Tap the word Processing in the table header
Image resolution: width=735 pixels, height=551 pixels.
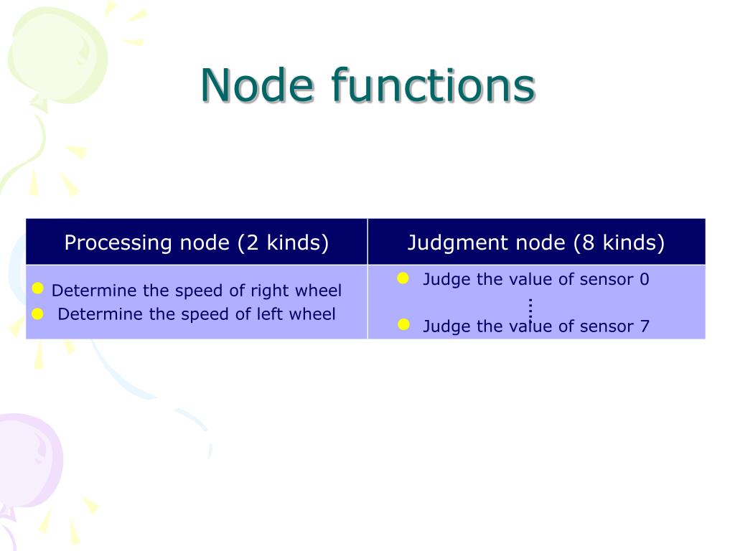pos(115,243)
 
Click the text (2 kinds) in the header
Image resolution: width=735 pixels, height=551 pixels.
pos(283,243)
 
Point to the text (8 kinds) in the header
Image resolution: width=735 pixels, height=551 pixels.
pos(619,243)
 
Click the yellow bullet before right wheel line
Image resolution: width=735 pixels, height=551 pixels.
pos(39,288)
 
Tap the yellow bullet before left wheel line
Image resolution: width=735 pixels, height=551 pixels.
pos(39,313)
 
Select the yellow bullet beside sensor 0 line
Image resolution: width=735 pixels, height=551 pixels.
pos(403,278)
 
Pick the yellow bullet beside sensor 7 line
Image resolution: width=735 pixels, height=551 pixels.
pos(403,325)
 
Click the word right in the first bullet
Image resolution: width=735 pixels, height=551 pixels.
pos(268,291)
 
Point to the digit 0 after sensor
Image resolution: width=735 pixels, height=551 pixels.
pos(644,280)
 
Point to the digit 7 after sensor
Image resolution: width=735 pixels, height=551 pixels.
pos(644,326)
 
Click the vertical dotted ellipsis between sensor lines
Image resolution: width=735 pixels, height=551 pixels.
pos(530,307)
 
